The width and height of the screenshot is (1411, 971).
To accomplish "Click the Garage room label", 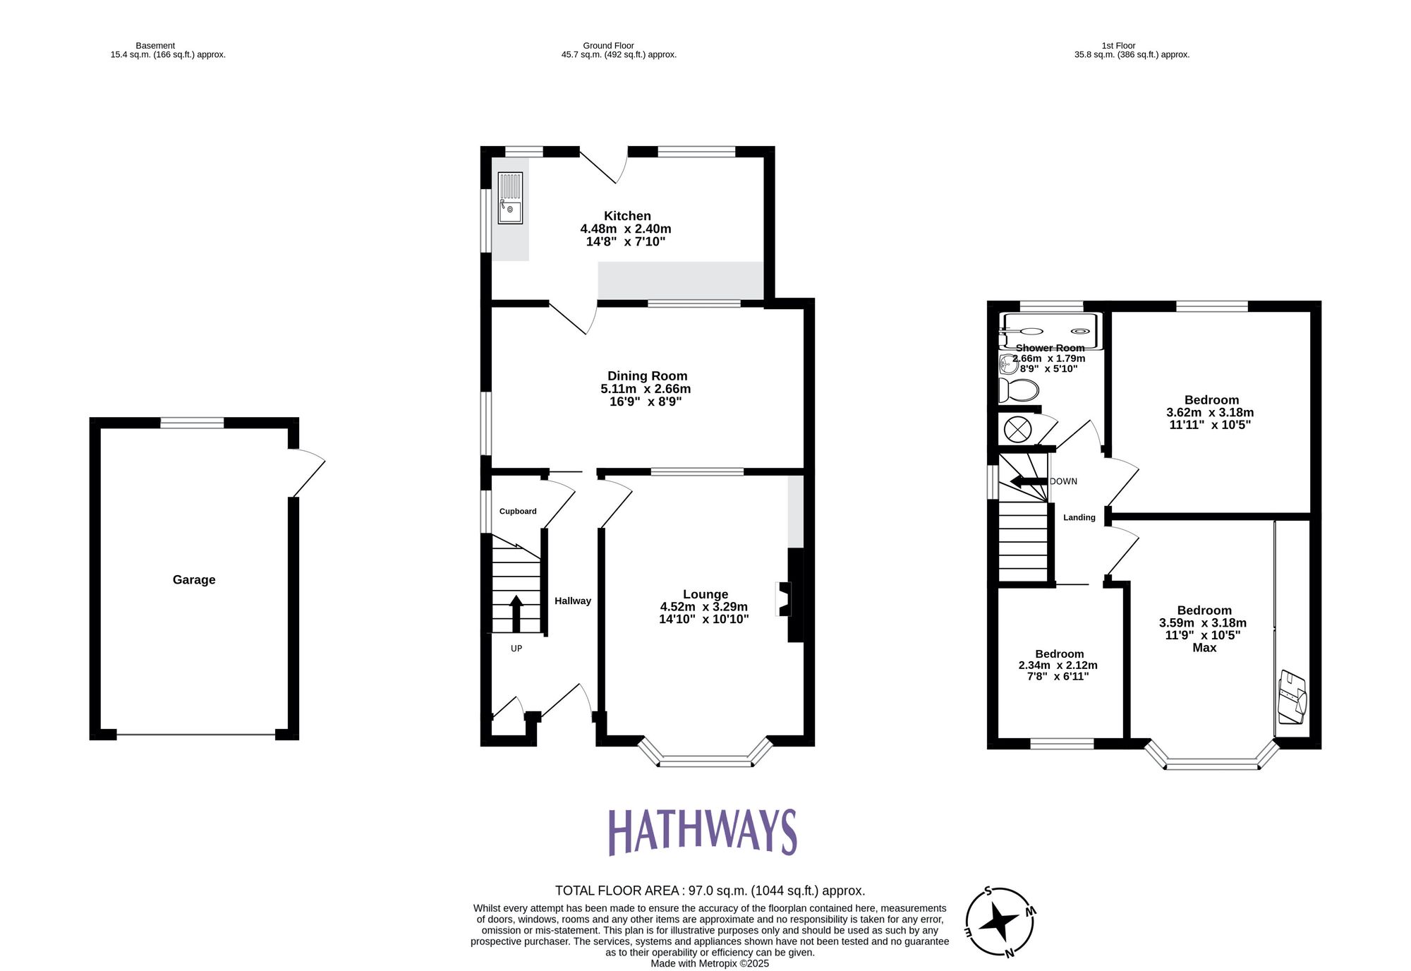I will [194, 580].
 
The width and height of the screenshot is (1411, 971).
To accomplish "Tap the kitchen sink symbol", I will [510, 198].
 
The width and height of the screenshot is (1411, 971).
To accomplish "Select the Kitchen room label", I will [627, 216].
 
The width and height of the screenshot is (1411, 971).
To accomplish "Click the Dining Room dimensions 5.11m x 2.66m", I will [646, 389].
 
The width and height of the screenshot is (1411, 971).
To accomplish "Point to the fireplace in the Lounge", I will [784, 599].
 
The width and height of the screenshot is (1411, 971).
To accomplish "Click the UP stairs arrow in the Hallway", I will [516, 613].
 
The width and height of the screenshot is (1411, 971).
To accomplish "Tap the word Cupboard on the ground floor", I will [518, 512].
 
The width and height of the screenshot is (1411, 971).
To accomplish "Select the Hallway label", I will [572, 601].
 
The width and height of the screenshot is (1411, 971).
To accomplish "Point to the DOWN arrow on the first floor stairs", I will [1029, 482].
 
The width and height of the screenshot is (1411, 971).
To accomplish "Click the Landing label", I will [1079, 518].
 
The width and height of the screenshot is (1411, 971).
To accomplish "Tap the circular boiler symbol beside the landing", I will [1017, 429].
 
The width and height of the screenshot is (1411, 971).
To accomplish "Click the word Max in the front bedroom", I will [1204, 648].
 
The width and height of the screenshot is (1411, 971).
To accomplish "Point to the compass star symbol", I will [1000, 921].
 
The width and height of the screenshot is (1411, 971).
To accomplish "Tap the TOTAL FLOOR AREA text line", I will [710, 891].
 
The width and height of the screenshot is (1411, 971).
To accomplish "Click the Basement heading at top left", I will [155, 46].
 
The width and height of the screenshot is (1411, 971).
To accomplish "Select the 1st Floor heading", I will [1118, 46].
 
